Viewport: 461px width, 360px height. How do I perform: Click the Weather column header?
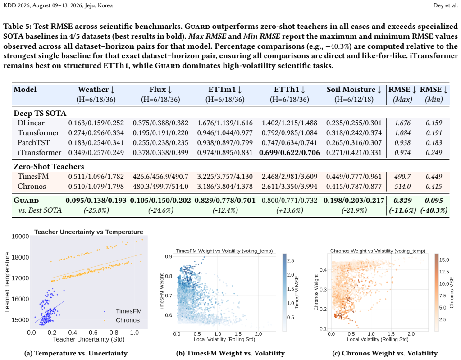96,89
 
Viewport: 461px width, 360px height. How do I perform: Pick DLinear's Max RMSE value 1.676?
402,123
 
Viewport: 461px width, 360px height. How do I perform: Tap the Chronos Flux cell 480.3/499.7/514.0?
160,187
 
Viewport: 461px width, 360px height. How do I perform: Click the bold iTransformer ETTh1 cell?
289,153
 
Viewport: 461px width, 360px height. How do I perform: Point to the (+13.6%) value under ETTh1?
290,210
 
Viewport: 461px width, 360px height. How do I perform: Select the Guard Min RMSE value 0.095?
434,201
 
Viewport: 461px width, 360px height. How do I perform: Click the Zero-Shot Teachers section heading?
49,166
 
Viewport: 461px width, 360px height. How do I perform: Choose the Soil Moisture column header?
354,89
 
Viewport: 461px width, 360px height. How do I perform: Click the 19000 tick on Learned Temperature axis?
20,237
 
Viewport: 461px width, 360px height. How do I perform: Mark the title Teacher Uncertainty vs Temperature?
88,232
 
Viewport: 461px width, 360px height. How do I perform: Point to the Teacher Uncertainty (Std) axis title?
88,339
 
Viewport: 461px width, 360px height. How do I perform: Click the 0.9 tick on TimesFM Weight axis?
169,256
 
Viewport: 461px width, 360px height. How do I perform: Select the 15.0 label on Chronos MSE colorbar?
444,260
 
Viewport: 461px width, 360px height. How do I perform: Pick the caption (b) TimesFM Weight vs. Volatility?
230,353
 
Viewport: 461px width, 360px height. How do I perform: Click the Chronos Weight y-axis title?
316,292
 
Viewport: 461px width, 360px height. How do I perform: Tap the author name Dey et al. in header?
445,5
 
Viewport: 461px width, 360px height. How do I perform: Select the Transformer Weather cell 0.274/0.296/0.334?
96,133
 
